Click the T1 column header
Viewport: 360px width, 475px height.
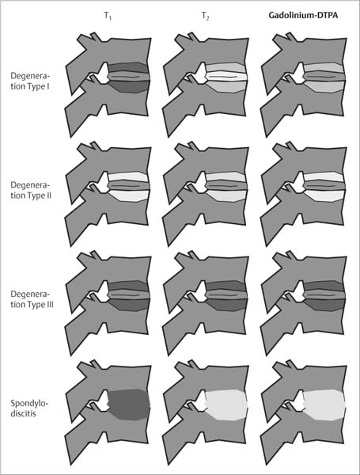(x=108, y=16)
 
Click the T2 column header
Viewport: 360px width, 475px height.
(x=205, y=16)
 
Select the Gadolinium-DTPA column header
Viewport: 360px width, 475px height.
(x=303, y=15)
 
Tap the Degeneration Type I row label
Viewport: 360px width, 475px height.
(x=30, y=81)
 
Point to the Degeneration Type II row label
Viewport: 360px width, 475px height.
(x=31, y=190)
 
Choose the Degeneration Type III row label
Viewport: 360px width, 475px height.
(x=32, y=299)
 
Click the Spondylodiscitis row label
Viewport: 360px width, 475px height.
(x=29, y=408)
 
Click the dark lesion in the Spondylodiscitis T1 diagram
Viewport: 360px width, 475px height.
(x=129, y=405)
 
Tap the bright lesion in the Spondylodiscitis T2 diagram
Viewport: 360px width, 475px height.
(x=226, y=405)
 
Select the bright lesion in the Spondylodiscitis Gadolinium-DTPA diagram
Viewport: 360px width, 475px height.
(x=324, y=405)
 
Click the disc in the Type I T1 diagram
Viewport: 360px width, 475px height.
(x=129, y=77)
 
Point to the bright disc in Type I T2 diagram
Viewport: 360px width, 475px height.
(x=226, y=77)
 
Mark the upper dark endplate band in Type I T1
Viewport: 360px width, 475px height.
(x=128, y=67)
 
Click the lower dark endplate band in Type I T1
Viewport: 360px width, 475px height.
(x=129, y=86)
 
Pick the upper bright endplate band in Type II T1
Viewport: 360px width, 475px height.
(x=128, y=177)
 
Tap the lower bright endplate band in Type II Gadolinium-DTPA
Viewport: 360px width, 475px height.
(x=324, y=196)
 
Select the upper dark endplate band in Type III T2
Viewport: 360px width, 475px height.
(x=225, y=285)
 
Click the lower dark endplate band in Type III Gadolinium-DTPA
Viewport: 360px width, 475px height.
(x=324, y=305)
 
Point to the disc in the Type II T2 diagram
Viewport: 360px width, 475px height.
(x=226, y=186)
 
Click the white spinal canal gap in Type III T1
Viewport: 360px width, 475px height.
(x=101, y=290)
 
